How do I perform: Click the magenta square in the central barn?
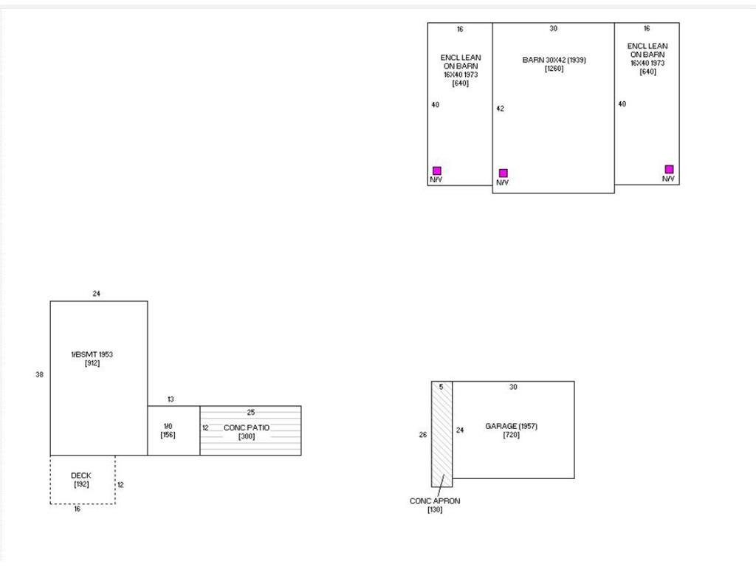503,173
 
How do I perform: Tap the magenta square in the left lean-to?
437,171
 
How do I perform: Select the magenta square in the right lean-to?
669,169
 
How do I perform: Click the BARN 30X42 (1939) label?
554,60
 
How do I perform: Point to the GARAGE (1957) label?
511,426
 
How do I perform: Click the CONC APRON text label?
435,501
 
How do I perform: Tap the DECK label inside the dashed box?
81,475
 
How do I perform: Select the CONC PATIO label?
247,427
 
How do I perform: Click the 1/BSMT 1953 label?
92,354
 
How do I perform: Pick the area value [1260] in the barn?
554,69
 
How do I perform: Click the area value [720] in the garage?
511,435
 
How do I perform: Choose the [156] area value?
168,435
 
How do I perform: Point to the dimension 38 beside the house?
40,374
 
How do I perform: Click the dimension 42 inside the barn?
500,109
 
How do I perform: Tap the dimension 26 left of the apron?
423,435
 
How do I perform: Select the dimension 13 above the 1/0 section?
171,399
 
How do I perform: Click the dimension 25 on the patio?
251,413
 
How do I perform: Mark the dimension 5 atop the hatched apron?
441,387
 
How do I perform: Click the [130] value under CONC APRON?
435,509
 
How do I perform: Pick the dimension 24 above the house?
97,294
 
